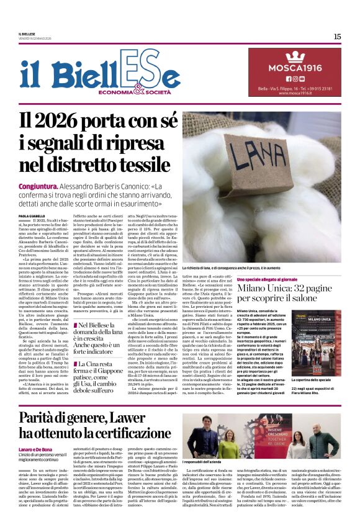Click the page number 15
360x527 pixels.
point(337,37)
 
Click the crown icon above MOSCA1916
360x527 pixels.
point(295,56)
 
